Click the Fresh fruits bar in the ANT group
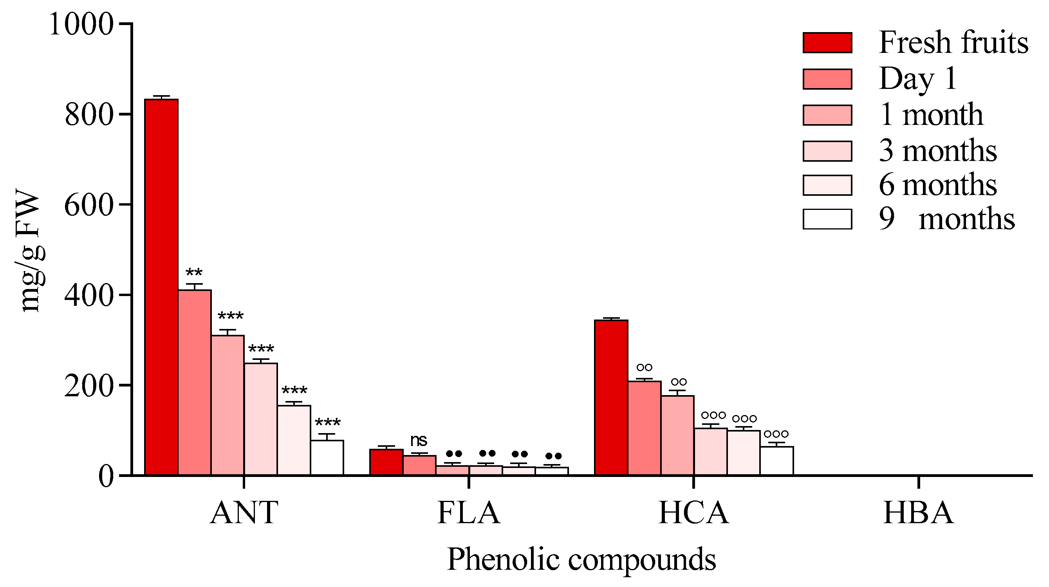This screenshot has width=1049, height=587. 161,287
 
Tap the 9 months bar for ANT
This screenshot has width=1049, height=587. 327,457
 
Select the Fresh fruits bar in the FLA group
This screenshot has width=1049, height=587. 386,462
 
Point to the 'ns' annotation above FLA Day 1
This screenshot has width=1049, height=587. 419,441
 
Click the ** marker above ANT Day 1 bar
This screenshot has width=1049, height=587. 194,273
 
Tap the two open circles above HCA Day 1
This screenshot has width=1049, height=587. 644,367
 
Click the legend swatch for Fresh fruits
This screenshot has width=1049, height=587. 827,43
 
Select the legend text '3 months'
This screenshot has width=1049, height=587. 937,151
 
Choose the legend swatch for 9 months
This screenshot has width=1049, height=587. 827,219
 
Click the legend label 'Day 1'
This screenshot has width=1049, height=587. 917,78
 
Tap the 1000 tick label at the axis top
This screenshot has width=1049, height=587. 81,24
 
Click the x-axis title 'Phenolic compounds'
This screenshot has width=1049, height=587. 581,559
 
